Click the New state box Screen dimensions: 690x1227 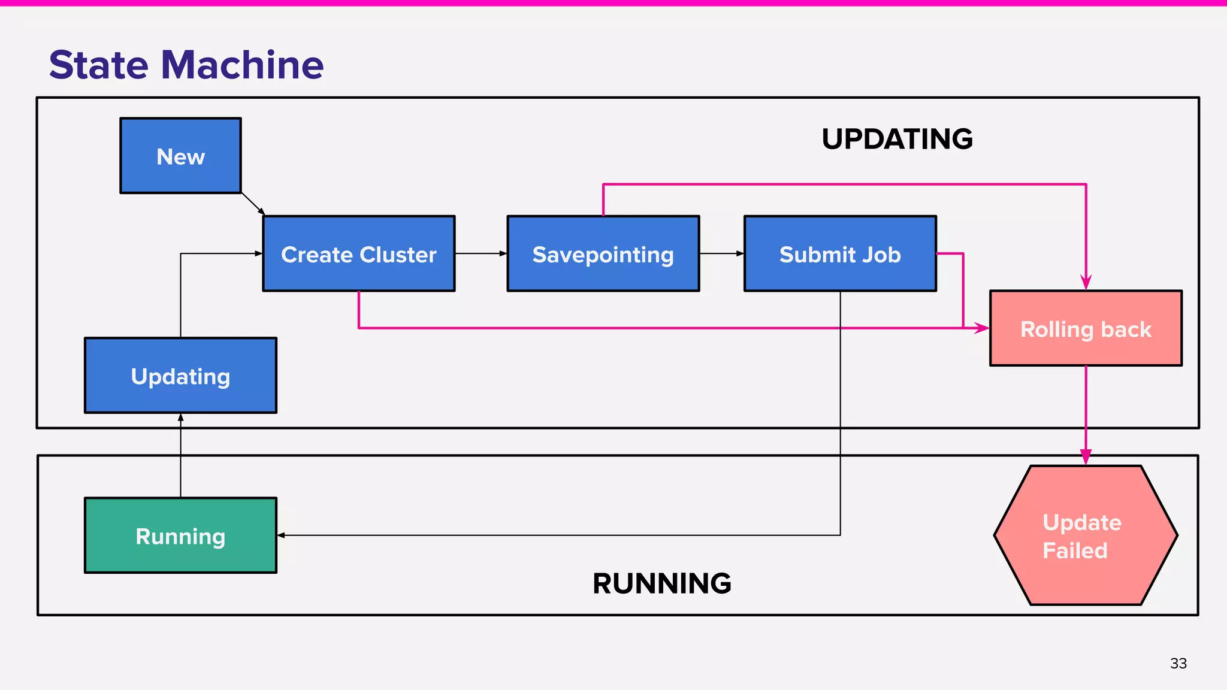[x=180, y=156]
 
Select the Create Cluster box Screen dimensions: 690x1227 [x=358, y=254]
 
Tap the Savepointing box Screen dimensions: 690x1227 [x=603, y=254]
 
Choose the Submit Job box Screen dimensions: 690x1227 [x=839, y=254]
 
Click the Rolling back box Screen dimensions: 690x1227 [x=1085, y=328]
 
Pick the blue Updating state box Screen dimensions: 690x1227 [x=180, y=376]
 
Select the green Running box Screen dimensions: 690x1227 [x=180, y=535]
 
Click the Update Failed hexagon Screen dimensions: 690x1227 [x=1085, y=535]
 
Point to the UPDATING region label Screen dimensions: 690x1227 [x=897, y=139]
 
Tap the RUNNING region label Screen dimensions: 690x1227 [x=661, y=583]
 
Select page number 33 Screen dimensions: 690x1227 [x=1178, y=663]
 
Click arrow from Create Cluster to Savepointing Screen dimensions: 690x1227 [x=480, y=253]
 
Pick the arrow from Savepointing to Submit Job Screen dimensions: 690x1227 [x=721, y=253]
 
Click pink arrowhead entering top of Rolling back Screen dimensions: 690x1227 [x=1086, y=282]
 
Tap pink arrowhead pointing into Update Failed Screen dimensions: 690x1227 [x=1086, y=457]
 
